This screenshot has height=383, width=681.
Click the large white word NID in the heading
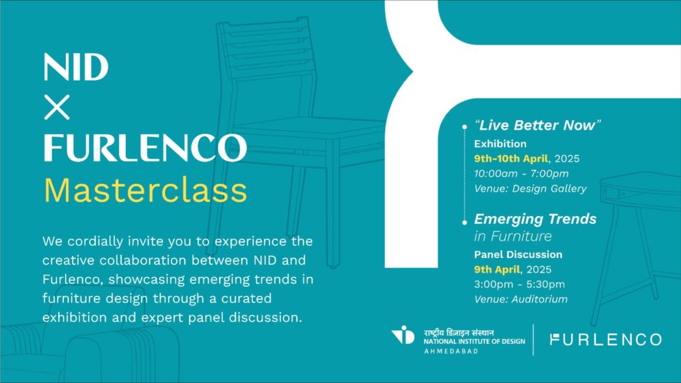click(x=76, y=67)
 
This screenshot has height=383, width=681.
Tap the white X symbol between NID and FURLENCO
click(x=57, y=107)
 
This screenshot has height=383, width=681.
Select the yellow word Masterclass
click(x=146, y=190)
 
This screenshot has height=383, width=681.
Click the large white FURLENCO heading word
click(x=146, y=148)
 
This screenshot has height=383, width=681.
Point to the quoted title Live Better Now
click(x=537, y=125)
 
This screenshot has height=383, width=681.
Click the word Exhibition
click(x=500, y=144)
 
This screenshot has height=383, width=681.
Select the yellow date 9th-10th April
click(x=511, y=158)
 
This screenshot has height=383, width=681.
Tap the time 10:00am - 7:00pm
click(x=521, y=174)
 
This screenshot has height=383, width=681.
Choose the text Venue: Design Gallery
click(x=530, y=188)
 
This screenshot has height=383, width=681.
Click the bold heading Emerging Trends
click(x=535, y=219)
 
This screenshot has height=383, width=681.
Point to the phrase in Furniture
click(x=513, y=236)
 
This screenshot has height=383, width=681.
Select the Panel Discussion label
click(x=518, y=255)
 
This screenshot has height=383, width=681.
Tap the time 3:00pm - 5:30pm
click(x=519, y=285)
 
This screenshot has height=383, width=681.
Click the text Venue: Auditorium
click(x=521, y=299)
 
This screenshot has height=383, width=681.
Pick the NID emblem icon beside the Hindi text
click(x=404, y=335)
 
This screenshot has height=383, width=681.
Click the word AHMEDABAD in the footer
click(x=451, y=351)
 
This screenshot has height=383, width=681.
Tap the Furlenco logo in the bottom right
click(x=605, y=340)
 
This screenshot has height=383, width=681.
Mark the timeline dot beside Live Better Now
click(x=465, y=127)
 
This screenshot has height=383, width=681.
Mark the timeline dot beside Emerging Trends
click(x=465, y=222)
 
